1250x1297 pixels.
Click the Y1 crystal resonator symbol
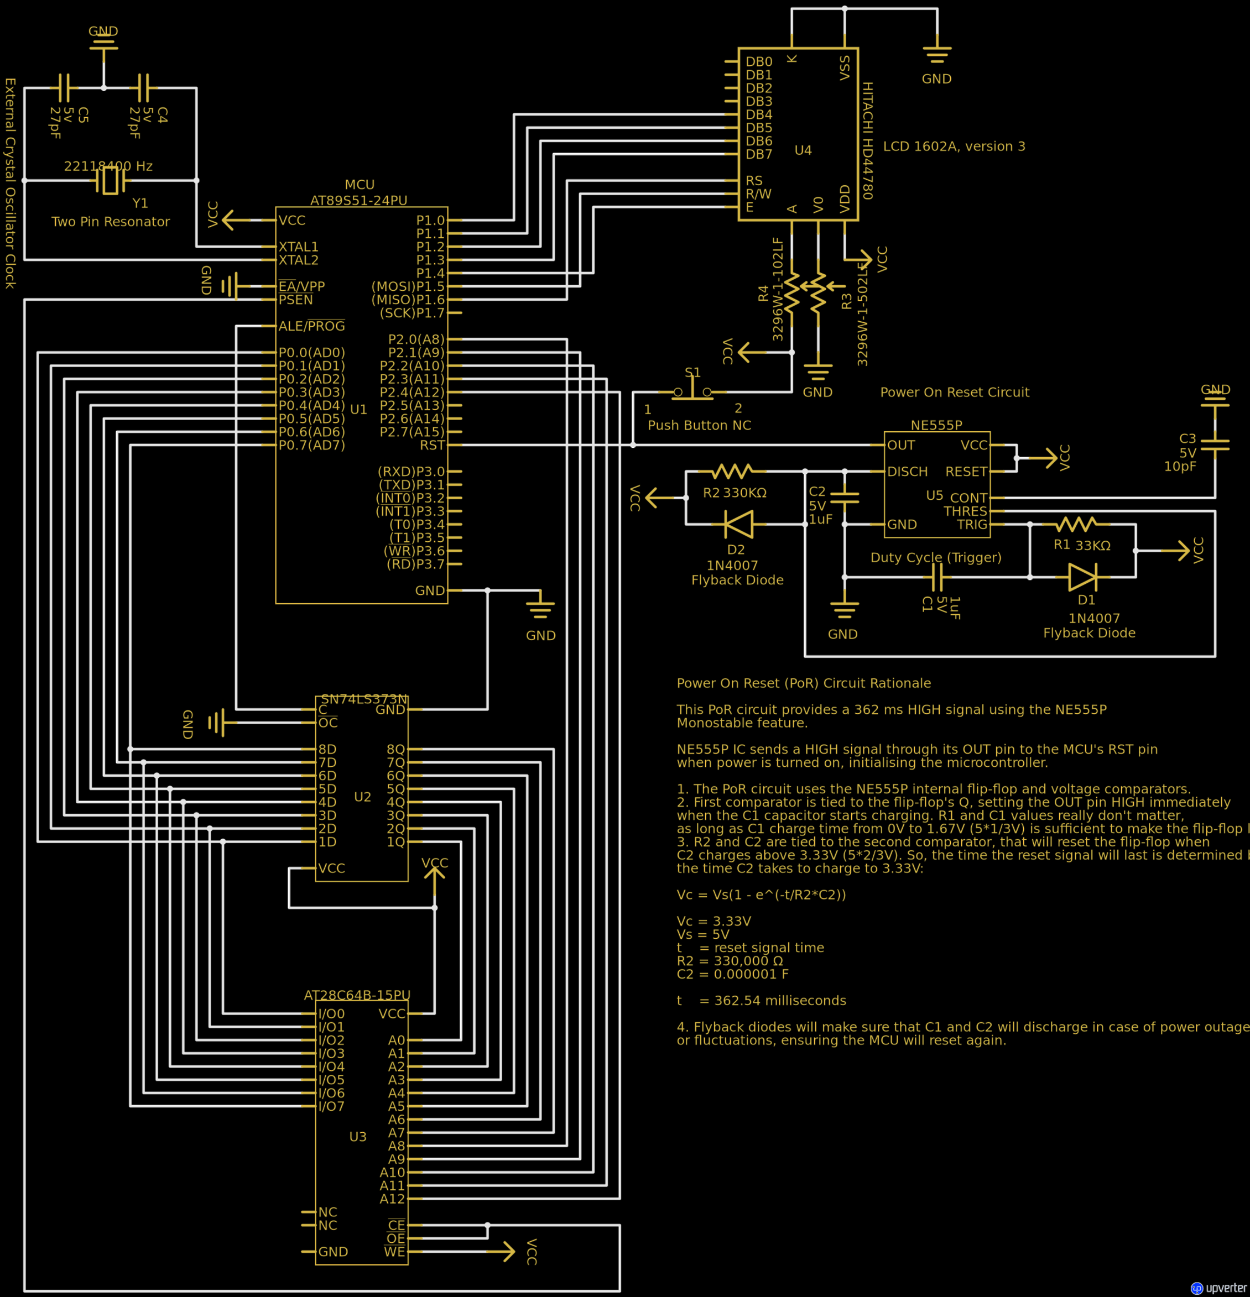110,180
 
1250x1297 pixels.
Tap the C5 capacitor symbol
64,87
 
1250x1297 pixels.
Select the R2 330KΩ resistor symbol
732,471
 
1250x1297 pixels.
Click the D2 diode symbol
739,524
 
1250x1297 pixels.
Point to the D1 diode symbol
1083,577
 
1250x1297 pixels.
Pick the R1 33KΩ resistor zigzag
1076,524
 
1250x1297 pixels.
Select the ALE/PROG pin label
311,326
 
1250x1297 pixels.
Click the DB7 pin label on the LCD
759,154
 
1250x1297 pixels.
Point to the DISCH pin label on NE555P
907,472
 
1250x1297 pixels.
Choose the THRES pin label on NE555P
965,511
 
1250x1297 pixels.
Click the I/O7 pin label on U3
331,1106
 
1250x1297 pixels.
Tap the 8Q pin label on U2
395,749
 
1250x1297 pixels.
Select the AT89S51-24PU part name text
359,200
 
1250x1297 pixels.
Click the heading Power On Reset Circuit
954,392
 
